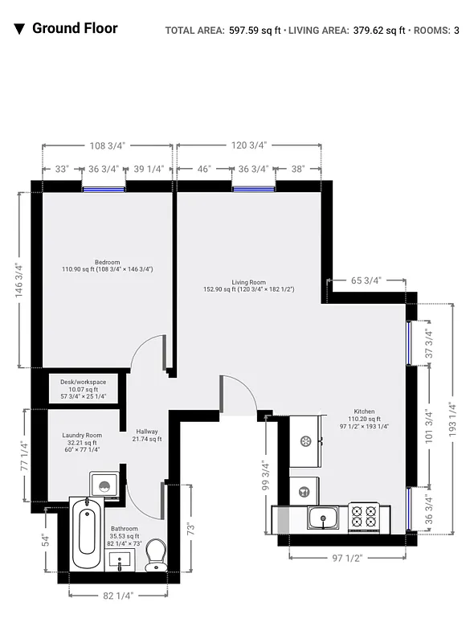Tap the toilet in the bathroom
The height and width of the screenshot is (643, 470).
pos(156,555)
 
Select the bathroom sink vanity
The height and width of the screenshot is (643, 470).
pos(123,560)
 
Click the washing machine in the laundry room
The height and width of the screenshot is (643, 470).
pos(104,485)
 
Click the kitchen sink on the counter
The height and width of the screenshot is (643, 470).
pos(323,518)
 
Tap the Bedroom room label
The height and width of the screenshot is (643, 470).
pos(107,263)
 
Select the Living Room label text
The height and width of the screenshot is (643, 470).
pos(248,283)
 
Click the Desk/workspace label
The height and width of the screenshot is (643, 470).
pos(84,383)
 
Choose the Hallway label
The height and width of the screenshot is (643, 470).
pos(147,432)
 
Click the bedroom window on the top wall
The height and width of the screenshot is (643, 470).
pos(104,190)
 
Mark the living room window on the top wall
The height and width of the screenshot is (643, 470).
pos(254,190)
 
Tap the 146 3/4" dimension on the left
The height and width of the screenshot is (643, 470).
pos(18,280)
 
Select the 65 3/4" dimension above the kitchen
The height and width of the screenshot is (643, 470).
pos(366,281)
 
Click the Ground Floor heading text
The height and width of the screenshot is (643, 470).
pos(75,29)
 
